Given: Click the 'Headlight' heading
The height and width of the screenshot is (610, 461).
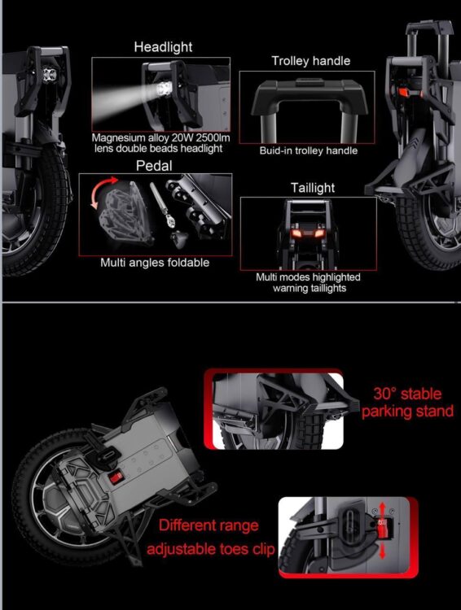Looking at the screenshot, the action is (x=163, y=47).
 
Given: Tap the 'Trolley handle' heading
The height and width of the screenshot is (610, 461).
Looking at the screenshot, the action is (x=310, y=61).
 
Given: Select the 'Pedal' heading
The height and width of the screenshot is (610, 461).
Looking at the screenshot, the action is (x=154, y=166).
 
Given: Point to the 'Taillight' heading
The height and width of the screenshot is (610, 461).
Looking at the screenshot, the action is (x=313, y=188).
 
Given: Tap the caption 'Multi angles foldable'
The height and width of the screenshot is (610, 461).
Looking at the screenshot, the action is (x=155, y=263).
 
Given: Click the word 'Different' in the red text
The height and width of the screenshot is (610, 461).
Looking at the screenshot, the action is (x=184, y=525).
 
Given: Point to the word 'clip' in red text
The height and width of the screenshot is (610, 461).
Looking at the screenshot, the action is (x=263, y=549).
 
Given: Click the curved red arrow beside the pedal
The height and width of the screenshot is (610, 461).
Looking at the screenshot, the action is (x=103, y=191).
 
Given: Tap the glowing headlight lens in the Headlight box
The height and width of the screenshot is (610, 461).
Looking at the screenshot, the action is (x=163, y=89).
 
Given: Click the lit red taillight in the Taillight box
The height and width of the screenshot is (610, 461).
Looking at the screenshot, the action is (x=307, y=233).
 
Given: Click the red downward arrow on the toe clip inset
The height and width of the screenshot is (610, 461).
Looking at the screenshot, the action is (x=382, y=550).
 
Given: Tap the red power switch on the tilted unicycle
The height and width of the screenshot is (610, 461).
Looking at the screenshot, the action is (x=116, y=477).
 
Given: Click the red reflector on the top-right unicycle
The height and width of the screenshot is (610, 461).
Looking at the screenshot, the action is (x=403, y=93).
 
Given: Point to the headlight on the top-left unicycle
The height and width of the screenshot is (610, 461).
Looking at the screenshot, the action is (x=49, y=74).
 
